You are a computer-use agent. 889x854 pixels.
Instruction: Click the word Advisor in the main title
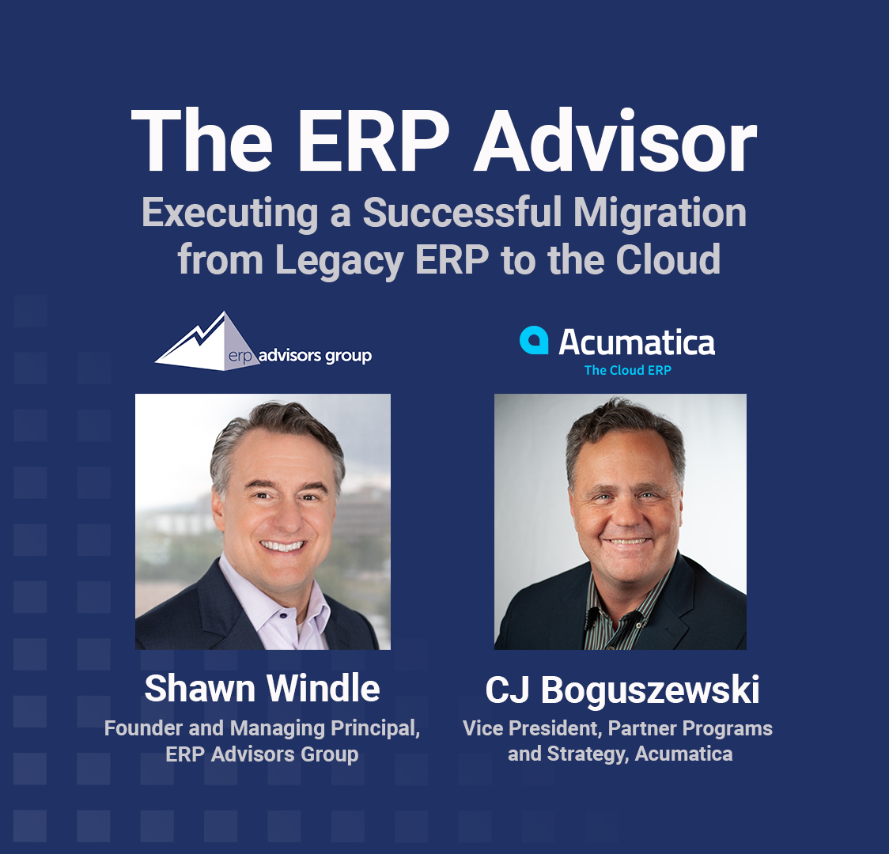pos(615,143)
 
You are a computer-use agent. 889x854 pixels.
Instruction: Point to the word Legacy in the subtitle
pos(339,260)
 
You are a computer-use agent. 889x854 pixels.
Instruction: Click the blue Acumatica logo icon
pos(534,340)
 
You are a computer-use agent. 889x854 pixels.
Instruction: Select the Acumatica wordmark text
pos(637,342)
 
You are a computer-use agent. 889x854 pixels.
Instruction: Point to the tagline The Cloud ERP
pos(627,370)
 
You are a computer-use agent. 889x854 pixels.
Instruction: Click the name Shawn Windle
pos(262,688)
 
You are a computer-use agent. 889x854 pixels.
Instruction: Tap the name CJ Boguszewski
pos(622,690)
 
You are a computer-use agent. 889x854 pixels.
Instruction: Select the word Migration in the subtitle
pos(660,213)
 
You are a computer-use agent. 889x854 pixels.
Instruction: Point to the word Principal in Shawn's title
pos(373,728)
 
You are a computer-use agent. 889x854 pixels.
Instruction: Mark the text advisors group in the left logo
pos(315,356)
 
